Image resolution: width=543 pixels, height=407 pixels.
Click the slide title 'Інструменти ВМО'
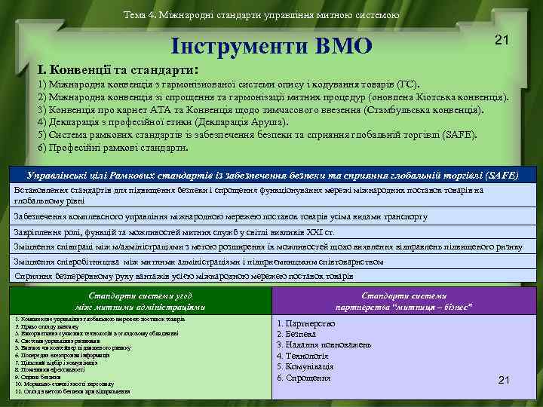click(x=272, y=47)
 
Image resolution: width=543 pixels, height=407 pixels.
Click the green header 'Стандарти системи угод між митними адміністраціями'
click(x=140, y=301)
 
